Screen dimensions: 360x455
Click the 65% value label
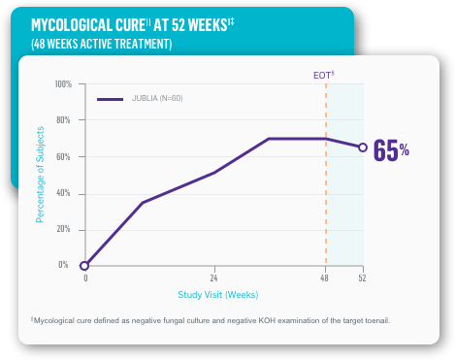point(391,150)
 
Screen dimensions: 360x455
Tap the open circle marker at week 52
point(363,147)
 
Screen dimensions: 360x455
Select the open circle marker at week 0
point(85,265)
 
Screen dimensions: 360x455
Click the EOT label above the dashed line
point(323,74)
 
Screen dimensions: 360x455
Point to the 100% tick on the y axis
point(63,84)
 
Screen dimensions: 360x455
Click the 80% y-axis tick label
point(64,120)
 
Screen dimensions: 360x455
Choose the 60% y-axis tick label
point(64,156)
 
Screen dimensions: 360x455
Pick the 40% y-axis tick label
point(64,193)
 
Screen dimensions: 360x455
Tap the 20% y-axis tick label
point(64,229)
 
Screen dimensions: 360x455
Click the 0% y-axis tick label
point(65,264)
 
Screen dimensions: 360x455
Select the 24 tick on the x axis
point(213,278)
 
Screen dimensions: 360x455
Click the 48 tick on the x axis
point(326,278)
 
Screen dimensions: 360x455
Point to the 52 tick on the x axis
point(363,278)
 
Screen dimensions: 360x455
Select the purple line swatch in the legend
point(110,99)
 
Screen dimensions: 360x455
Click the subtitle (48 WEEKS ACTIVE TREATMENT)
point(102,44)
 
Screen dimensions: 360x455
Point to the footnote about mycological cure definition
point(211,320)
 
